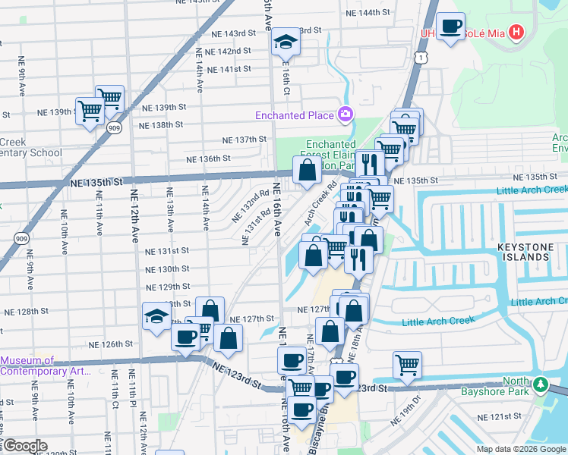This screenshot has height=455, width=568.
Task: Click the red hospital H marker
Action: [x=517, y=33]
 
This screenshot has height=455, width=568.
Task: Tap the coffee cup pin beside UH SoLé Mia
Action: [x=451, y=27]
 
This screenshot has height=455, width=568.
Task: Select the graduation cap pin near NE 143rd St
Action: [x=286, y=42]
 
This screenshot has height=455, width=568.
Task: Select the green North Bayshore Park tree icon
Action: [x=540, y=384]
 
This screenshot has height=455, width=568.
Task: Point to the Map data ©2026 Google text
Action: [x=520, y=449]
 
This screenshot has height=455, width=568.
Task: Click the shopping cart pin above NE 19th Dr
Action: [x=408, y=366]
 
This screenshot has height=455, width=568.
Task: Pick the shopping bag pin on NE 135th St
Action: [x=306, y=172]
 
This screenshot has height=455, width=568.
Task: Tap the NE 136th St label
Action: [x=209, y=158]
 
